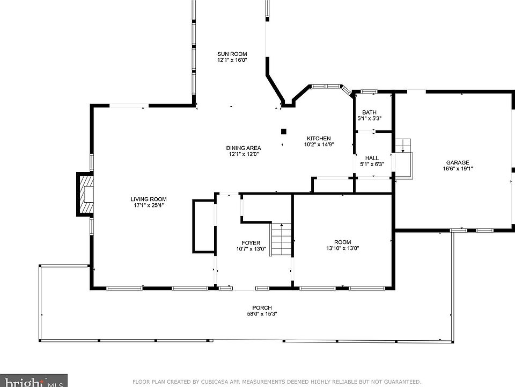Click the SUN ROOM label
(232, 54)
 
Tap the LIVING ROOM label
(149, 199)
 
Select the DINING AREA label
(244, 148)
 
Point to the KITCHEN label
(319, 138)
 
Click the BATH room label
(369, 112)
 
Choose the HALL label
(372, 158)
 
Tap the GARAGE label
(458, 162)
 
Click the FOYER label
(251, 243)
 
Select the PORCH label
(262, 307)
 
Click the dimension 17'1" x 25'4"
(149, 205)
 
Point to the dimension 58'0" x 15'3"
(262, 313)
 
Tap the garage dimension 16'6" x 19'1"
(458, 168)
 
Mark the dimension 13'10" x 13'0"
(343, 248)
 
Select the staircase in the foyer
(281, 240)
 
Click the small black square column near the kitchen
(284, 132)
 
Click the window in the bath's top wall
(369, 91)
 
